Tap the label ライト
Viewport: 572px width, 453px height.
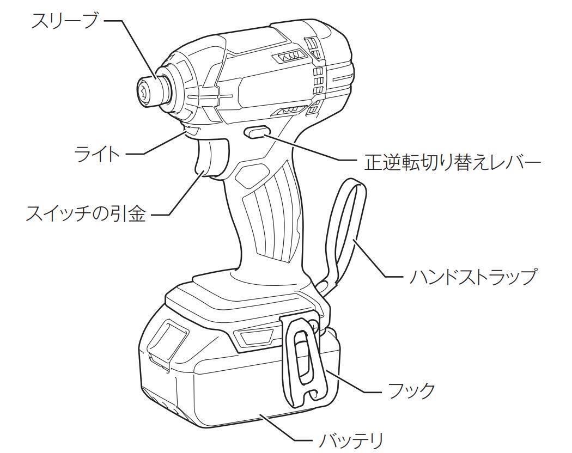(x=97, y=154)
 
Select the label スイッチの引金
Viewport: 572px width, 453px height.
(x=86, y=214)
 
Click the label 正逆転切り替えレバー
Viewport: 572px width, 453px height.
(x=452, y=161)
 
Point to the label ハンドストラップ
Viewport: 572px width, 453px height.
(x=473, y=277)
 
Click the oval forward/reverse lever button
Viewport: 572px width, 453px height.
(x=258, y=131)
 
